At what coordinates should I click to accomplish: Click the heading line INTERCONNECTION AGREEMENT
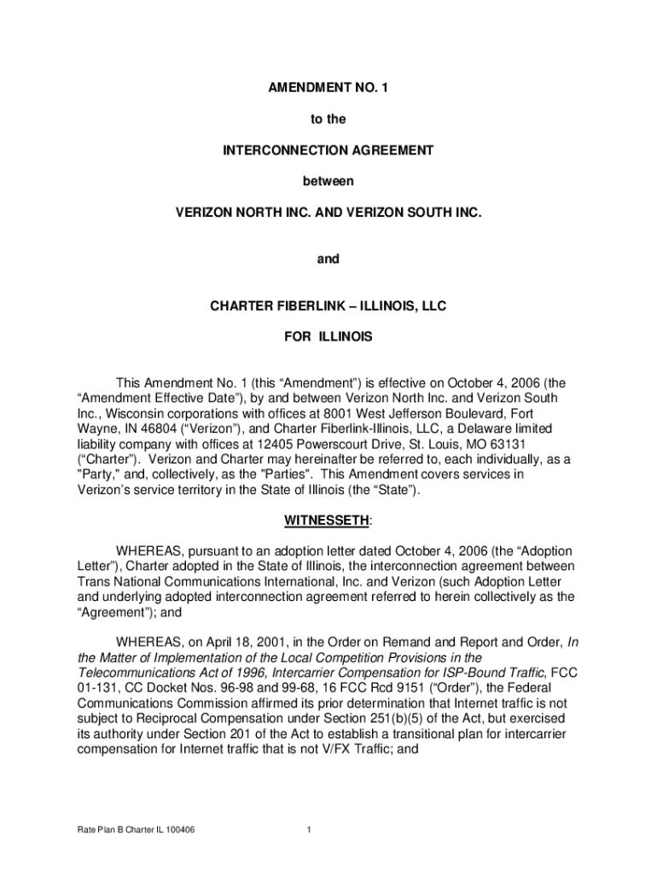pos(328,150)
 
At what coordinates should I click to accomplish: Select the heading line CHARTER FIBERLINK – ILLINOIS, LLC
pos(328,306)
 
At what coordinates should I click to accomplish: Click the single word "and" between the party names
pos(328,259)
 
